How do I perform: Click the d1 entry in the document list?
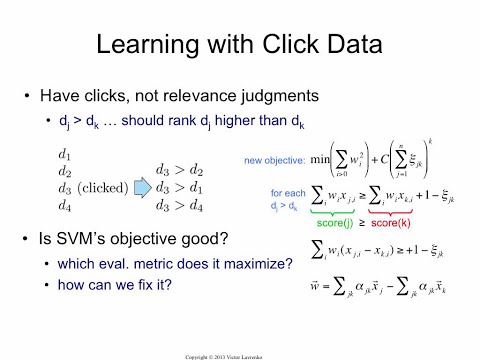coord(67,155)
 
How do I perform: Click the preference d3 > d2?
coord(181,171)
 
